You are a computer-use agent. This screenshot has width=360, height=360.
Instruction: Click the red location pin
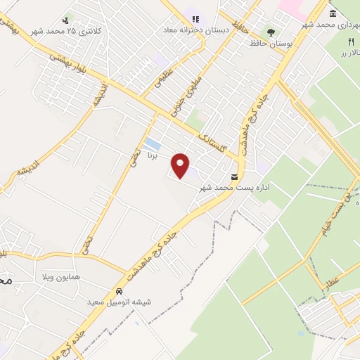tap(181, 165)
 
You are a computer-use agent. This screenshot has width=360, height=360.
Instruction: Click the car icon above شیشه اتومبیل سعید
tap(119, 290)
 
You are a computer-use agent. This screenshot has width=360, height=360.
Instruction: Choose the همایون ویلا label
tap(60, 277)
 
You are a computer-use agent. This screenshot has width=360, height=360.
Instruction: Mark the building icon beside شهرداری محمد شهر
tap(332, 13)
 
